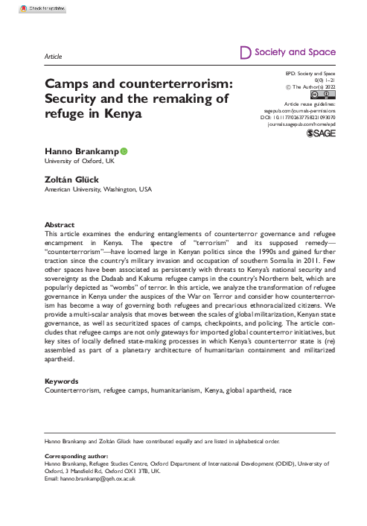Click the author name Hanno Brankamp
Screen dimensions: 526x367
click(80, 150)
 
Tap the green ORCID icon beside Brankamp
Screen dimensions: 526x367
click(124, 150)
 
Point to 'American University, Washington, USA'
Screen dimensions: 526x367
click(98, 190)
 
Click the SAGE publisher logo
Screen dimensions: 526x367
click(322, 139)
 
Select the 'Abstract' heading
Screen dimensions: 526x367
click(60, 224)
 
